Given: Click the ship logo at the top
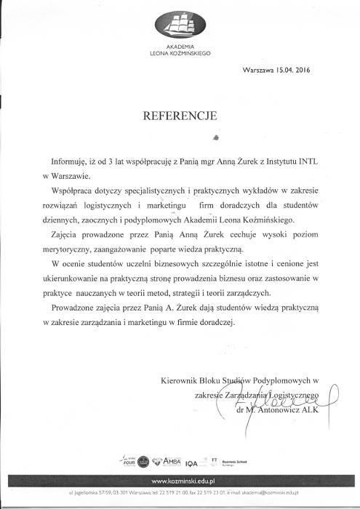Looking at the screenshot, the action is point(180,26).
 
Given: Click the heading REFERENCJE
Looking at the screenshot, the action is point(180,115).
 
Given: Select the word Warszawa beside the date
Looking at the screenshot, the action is point(258,71).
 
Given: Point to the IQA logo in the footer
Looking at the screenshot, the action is point(192,463).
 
